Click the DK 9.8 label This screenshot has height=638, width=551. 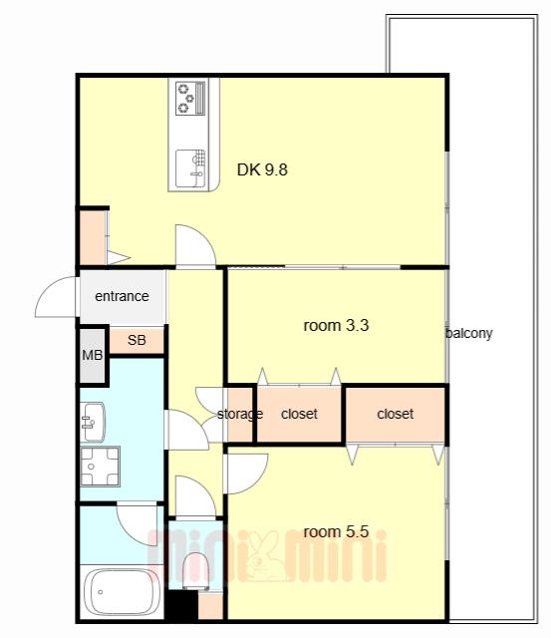click(x=262, y=169)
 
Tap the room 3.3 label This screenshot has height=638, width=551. click(x=337, y=326)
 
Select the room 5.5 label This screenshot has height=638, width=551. click(x=337, y=531)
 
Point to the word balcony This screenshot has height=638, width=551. click(x=469, y=333)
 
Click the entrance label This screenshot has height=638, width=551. click(x=122, y=296)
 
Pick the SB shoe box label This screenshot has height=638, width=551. click(x=137, y=340)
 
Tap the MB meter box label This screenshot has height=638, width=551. click(x=93, y=355)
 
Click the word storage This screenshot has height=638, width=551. click(x=240, y=415)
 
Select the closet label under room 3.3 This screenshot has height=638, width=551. click(x=299, y=414)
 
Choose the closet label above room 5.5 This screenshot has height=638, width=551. click(x=396, y=414)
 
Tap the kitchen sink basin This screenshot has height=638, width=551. click(x=190, y=168)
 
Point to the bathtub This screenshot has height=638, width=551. click(x=121, y=592)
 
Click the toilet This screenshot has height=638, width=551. click(x=196, y=570)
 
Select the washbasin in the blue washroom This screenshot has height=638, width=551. click(x=93, y=422)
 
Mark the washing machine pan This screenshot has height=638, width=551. click(x=100, y=467)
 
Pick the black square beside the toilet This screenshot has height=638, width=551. click(x=183, y=605)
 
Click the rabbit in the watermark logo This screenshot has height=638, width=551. click(x=266, y=556)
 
